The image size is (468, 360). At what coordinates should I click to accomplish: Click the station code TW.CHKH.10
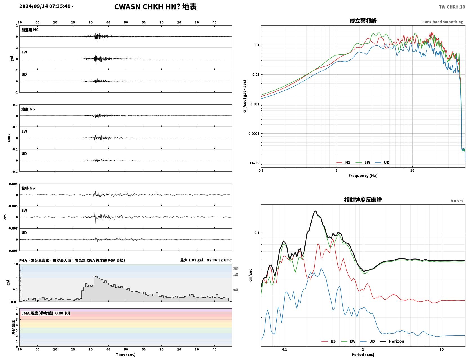452,7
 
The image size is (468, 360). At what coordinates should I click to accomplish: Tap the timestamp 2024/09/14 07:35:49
45,6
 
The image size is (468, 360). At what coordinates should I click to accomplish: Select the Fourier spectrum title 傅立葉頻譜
363,21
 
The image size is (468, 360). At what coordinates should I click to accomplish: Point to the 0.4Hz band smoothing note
442,22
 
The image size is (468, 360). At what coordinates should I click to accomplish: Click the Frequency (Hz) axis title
363,175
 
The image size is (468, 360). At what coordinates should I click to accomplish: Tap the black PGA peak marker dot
95,276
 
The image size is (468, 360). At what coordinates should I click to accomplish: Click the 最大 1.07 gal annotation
191,260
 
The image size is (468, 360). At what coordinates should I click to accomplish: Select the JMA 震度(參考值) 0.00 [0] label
45,313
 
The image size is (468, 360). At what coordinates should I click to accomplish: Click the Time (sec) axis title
126,354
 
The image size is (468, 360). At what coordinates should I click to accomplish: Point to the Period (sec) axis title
363,354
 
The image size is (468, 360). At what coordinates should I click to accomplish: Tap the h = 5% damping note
456,201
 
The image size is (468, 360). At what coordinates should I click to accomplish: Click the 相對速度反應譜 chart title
363,200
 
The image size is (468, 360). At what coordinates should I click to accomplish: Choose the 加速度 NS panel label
30,30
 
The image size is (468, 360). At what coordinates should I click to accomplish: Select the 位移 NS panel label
28,188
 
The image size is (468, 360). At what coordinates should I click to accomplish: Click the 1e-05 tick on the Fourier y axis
254,163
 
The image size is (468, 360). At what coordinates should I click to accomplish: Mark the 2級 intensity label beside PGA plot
235,268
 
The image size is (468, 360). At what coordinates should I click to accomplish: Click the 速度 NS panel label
28,109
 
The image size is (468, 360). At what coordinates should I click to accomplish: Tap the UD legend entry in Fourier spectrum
382,162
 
